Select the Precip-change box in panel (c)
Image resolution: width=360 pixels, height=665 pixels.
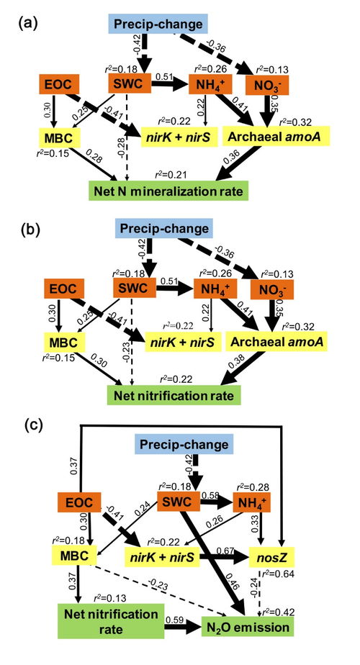pyautogui.click(x=181, y=445)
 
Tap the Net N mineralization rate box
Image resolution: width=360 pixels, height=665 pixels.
pyautogui.click(x=168, y=191)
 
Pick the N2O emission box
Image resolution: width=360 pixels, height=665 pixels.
pyautogui.click(x=248, y=626)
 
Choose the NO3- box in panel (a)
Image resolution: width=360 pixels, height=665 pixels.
pyautogui.click(x=266, y=84)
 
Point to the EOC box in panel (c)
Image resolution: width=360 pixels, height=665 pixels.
pyautogui.click(x=80, y=503)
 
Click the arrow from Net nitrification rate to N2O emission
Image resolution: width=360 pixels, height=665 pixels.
pyautogui.click(x=183, y=627)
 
